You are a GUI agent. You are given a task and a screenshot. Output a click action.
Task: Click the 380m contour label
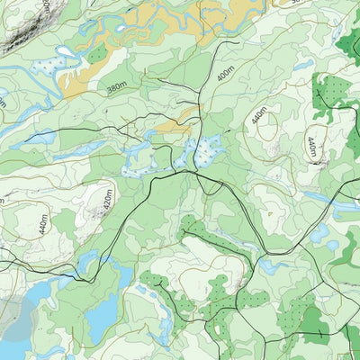point(116,88)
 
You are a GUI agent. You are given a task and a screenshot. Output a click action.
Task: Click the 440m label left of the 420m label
point(43,224)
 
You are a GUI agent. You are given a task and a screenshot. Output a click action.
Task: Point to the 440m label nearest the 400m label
point(260,115)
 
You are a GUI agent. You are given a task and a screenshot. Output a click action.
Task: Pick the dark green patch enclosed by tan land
point(97,55)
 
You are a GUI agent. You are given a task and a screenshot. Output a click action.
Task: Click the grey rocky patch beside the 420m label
point(95,213)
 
